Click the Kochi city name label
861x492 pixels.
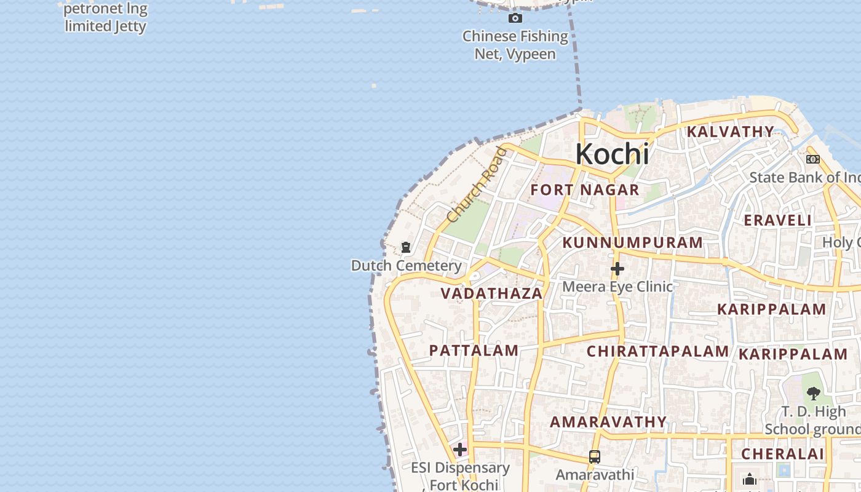point(612,154)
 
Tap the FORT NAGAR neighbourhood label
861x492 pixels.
point(585,190)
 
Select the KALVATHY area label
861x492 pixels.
point(730,132)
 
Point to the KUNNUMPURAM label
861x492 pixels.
point(632,242)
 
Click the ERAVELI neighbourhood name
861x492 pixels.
point(777,220)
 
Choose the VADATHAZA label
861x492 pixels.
point(491,293)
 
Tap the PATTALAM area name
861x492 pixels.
point(474,351)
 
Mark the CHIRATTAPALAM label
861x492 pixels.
point(657,351)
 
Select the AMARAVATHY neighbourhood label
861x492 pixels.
point(608,422)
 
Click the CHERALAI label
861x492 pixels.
point(782,454)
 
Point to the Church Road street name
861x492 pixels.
point(477,184)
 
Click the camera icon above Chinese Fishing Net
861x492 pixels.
point(515,18)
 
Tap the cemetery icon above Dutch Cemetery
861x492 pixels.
point(406,247)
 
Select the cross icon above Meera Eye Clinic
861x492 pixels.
point(617,269)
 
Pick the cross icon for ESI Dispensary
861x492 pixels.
point(459,450)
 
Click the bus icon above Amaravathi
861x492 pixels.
point(594,457)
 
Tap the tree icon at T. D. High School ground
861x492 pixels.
point(813,393)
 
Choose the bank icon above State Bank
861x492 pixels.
point(812,159)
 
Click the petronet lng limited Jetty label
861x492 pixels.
point(105,18)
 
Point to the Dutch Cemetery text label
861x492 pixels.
point(406,266)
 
